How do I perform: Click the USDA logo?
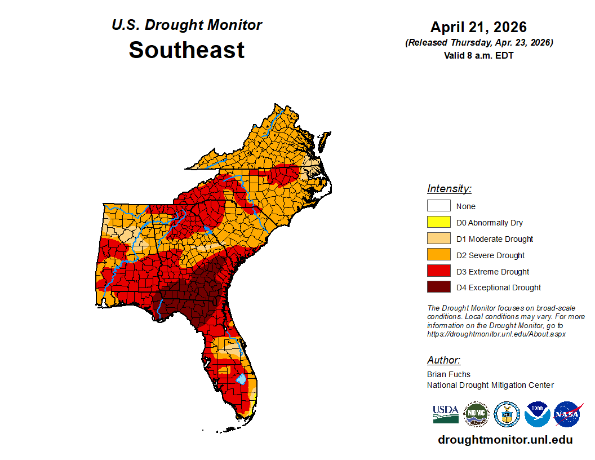coord(445,414)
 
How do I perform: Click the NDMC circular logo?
coord(476,414)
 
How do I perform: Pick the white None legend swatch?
coord(438,206)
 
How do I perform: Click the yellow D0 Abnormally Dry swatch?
coord(438,223)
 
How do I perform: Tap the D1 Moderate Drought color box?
coord(438,239)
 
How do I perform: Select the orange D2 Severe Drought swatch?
coord(438,255)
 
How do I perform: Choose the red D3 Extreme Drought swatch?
coord(438,272)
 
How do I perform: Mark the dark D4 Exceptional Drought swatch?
coord(438,287)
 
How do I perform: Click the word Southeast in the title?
coord(187,50)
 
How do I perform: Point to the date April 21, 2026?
coord(478,27)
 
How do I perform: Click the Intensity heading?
coord(449,189)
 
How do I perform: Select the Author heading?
coord(443,360)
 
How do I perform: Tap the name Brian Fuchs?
coord(449,374)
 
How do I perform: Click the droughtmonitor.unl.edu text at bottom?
coord(505,440)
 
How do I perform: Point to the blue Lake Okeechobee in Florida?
coord(241,378)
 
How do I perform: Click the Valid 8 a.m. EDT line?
coord(478,55)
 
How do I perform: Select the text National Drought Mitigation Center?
coord(490,385)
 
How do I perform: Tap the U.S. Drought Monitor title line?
coord(187,25)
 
